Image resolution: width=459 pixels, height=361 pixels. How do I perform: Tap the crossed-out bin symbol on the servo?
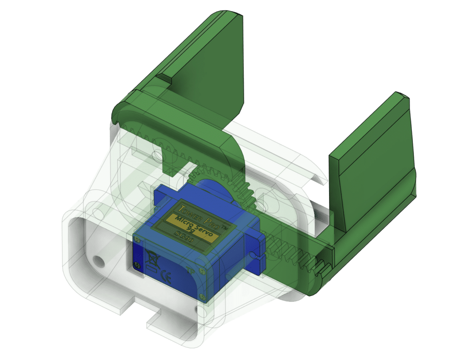[x=150, y=257]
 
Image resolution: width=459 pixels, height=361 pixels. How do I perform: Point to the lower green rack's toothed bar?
[x=296, y=260]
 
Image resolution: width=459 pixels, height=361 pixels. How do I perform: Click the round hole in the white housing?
[x=99, y=260]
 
